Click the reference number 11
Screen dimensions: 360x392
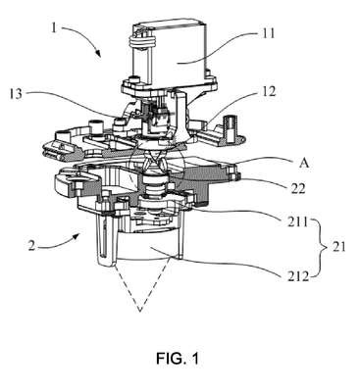(x=269, y=33)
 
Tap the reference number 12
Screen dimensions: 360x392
(x=269, y=92)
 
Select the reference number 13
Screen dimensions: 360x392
(x=16, y=94)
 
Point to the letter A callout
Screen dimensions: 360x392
(x=304, y=163)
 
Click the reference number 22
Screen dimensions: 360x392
(x=297, y=188)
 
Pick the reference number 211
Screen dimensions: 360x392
(x=297, y=222)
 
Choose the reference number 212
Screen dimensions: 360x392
(x=297, y=276)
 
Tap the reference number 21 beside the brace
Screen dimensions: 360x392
(x=338, y=246)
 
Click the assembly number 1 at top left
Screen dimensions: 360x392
(x=54, y=28)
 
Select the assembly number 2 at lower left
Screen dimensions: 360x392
(x=31, y=246)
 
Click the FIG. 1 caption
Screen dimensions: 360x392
(x=178, y=359)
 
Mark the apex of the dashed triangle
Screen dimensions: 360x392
(x=140, y=311)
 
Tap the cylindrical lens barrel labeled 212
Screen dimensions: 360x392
(x=149, y=246)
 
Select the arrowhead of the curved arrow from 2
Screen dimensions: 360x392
(x=77, y=235)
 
